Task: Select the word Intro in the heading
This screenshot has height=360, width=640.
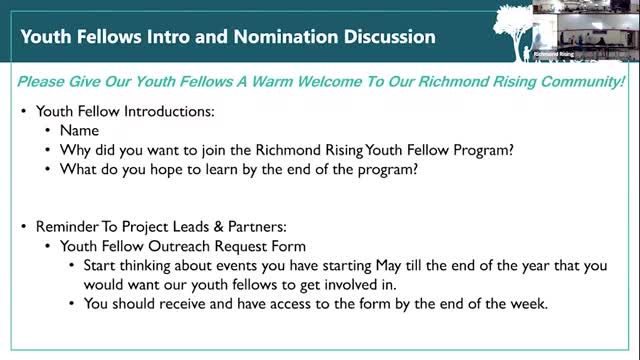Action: pos(152,38)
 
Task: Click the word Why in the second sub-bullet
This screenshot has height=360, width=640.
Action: pos(76,149)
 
